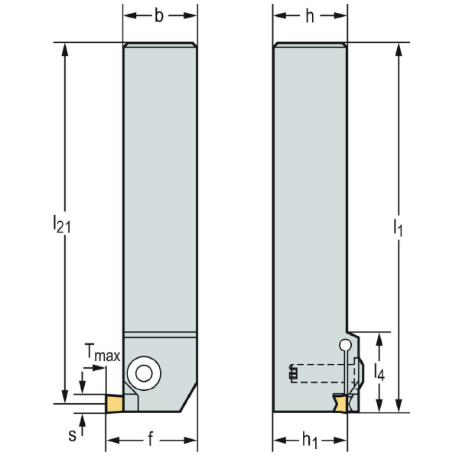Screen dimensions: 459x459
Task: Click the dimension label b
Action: pyautogui.click(x=159, y=16)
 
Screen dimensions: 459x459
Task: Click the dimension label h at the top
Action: pyautogui.click(x=311, y=16)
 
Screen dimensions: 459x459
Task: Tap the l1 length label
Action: pyautogui.click(x=397, y=226)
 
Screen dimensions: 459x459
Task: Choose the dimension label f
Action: pyautogui.click(x=150, y=441)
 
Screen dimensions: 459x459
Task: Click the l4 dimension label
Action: pyautogui.click(x=379, y=373)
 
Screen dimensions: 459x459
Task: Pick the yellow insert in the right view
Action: pyautogui.click(x=342, y=402)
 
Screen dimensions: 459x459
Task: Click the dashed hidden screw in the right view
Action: pyautogui.click(x=321, y=373)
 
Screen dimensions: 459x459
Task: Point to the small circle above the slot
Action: pyautogui.click(x=345, y=345)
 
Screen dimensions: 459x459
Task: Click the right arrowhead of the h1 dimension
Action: pyautogui.click(x=345, y=441)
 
